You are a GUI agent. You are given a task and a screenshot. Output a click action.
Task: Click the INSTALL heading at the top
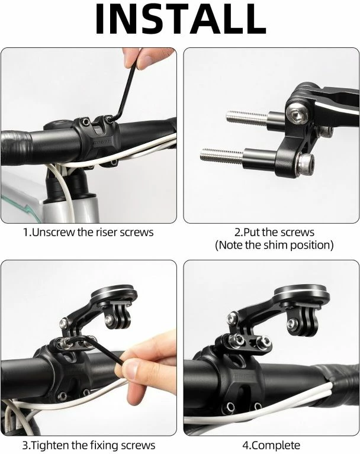pos(180,19)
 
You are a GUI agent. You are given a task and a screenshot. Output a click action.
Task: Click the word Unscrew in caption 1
pos(53,232)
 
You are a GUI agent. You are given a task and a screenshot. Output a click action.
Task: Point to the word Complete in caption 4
pos(275,445)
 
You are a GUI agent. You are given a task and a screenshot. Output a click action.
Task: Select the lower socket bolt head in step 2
pos(306,164)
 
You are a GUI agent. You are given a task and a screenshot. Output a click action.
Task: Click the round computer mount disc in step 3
pos(114,294)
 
